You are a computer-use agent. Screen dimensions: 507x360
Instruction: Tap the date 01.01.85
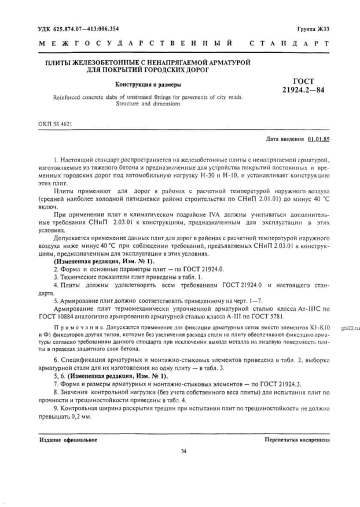(318, 139)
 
